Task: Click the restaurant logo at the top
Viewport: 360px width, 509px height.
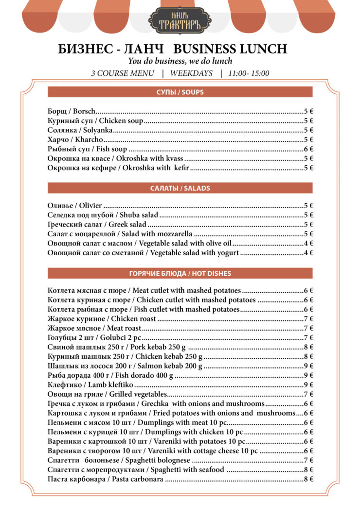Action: (x=180, y=20)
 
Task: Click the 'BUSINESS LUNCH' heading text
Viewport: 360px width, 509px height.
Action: (x=230, y=49)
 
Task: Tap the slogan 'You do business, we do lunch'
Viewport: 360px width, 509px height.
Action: (x=180, y=61)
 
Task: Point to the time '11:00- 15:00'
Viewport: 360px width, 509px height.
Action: (x=248, y=73)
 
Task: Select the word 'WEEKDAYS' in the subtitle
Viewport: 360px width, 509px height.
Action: (x=191, y=73)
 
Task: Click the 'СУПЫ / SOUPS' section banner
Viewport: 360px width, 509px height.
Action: (x=180, y=92)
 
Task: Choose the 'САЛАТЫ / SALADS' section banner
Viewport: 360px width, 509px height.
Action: (x=180, y=188)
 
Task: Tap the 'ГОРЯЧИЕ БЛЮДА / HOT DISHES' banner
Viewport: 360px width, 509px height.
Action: (x=180, y=273)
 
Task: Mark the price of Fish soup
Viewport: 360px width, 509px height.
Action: (x=308, y=149)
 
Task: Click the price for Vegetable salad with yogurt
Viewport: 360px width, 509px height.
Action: (x=308, y=253)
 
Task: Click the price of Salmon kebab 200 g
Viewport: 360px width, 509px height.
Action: (x=308, y=366)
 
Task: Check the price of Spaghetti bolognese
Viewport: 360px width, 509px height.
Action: (x=308, y=460)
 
